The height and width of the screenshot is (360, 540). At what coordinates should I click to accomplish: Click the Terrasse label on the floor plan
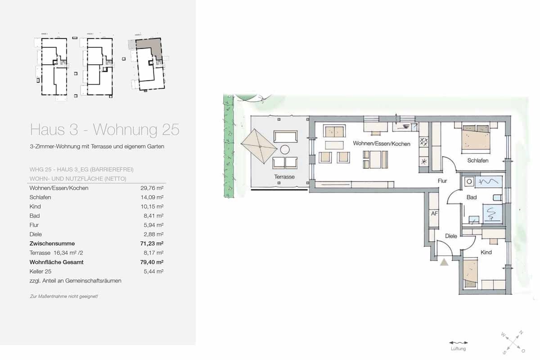[x=284, y=177]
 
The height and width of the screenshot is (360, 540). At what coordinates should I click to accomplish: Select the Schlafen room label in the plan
[x=477, y=161]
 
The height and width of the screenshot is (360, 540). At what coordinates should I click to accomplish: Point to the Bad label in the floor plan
[x=471, y=198]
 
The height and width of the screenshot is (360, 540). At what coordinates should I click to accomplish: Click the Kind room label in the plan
[x=486, y=252]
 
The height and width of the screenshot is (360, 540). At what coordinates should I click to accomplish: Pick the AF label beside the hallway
[x=434, y=214]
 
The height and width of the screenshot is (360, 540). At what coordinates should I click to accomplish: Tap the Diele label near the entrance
[x=451, y=236]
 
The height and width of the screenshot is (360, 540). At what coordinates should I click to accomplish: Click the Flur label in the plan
[x=442, y=181]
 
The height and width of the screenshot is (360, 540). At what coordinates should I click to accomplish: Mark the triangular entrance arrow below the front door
[x=444, y=262]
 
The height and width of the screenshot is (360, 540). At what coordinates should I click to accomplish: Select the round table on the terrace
[x=285, y=149]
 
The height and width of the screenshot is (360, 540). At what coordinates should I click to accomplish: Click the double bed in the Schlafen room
[x=476, y=137]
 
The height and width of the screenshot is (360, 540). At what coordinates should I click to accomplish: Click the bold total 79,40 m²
[x=152, y=262]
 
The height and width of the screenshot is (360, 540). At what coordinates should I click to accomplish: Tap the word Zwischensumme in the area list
[x=52, y=243]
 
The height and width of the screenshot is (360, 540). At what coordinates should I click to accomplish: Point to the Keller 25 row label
[x=41, y=271]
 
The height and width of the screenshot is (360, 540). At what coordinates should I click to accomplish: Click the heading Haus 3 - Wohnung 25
[x=104, y=130]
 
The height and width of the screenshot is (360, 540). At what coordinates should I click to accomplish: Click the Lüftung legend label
[x=458, y=349]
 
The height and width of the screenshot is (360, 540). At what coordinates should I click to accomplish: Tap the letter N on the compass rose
[x=521, y=333]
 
